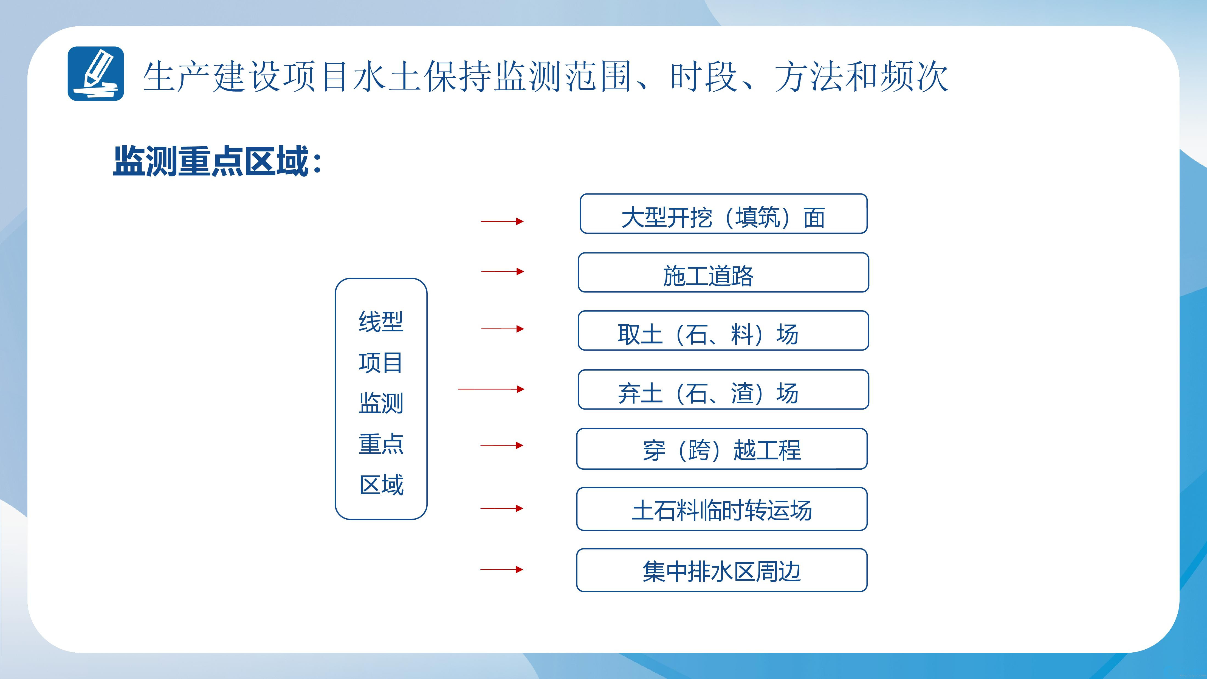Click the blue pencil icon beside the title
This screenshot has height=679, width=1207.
[x=95, y=74]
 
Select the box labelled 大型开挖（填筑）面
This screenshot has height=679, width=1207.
[x=723, y=214]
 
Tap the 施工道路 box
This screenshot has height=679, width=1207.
[x=723, y=272]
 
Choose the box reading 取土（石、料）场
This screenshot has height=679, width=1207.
[x=723, y=330]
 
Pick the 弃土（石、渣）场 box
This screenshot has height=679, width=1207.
[x=723, y=389]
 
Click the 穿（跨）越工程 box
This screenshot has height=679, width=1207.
[x=721, y=449]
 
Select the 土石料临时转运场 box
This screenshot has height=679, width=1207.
[x=721, y=509]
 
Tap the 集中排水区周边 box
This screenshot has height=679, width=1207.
[x=721, y=570]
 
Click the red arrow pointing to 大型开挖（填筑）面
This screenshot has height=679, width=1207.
[x=502, y=221]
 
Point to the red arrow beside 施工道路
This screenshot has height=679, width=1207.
[x=502, y=271]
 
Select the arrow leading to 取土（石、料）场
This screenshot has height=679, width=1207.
[x=502, y=329]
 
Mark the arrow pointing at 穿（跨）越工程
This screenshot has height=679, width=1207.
[x=502, y=445]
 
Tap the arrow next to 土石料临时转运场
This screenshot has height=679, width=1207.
[x=502, y=508]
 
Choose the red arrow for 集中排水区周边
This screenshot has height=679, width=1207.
[x=502, y=569]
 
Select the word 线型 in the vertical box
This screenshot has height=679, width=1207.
[x=381, y=322]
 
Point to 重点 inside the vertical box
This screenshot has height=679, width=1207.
[x=381, y=444]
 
